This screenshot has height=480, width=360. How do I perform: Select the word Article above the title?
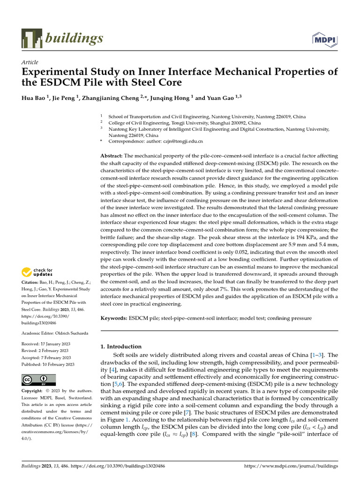pyautogui.click(x=30, y=62)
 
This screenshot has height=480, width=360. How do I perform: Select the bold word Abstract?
pyautogui.click(x=112, y=155)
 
